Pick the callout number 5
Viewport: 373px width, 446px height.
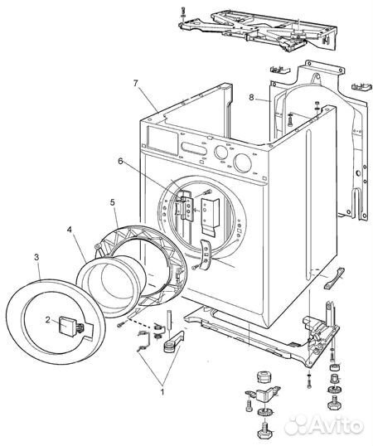[113, 202]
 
